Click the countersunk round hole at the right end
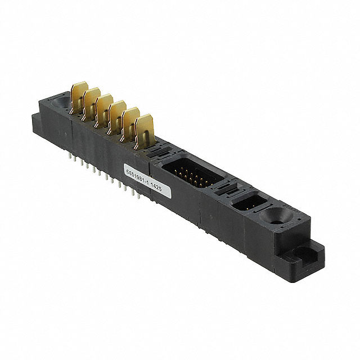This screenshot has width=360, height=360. click(276, 217)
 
